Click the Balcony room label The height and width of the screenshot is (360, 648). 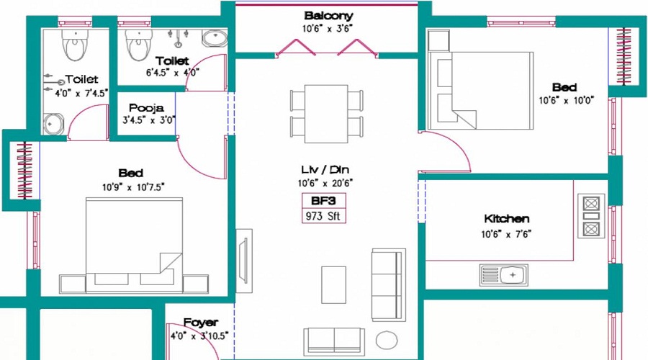[x=328, y=16]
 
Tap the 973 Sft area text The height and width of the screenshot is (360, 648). [x=323, y=216]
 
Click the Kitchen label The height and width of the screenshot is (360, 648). [x=506, y=219]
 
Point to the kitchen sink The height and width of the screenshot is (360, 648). [x=504, y=275]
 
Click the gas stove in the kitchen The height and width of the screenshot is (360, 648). [x=591, y=216]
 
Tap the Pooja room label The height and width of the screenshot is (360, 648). [x=146, y=108]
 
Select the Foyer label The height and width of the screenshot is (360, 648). [x=200, y=323]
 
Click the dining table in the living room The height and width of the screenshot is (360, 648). [x=326, y=114]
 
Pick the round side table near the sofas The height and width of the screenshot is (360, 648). [x=387, y=340]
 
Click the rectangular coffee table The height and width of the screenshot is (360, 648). [x=333, y=285]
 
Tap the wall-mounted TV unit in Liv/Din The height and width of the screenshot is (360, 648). [x=244, y=261]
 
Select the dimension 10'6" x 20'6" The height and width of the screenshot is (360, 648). [x=325, y=183]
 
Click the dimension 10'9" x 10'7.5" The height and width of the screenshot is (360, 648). [x=133, y=187]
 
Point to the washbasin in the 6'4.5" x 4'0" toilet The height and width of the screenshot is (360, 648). [x=215, y=38]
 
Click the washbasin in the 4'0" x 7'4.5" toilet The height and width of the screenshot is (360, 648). [x=54, y=124]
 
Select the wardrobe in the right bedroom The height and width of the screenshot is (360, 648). [x=624, y=57]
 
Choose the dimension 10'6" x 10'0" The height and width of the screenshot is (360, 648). [x=566, y=100]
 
